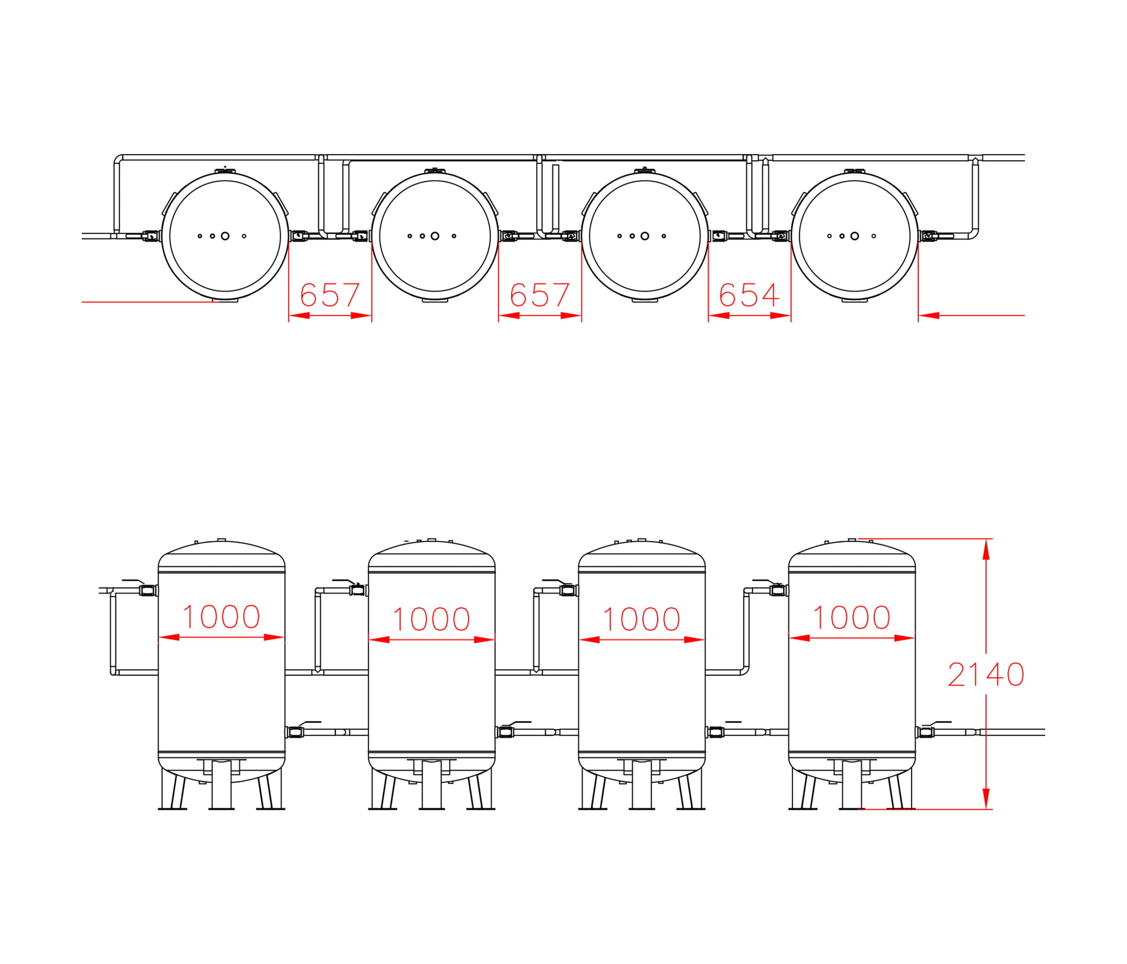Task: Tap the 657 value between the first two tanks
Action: (330, 295)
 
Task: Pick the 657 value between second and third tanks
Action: (540, 295)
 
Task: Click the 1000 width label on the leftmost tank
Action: (221, 617)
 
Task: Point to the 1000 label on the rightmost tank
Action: (851, 617)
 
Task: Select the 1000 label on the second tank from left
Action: (431, 619)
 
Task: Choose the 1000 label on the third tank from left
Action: (641, 619)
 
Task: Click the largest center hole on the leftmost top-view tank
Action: (225, 236)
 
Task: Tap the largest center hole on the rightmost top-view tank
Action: (854, 236)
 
